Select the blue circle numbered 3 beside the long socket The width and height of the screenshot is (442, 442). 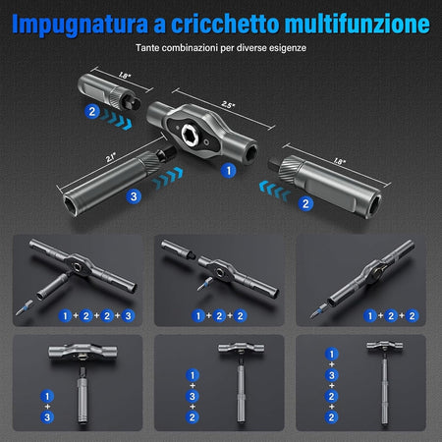pyautogui.click(x=134, y=197)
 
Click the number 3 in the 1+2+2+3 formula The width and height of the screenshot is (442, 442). pyautogui.click(x=128, y=315)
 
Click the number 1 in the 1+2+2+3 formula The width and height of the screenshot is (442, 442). pyautogui.click(x=64, y=315)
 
